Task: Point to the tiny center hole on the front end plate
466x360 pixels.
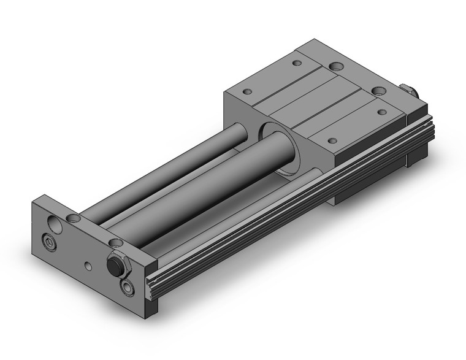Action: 90,266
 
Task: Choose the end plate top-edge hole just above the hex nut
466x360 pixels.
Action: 115,243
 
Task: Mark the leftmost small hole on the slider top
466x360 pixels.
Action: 247,93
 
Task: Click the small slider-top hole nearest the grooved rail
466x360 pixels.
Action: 334,138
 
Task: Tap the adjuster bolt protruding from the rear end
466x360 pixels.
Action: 409,91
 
